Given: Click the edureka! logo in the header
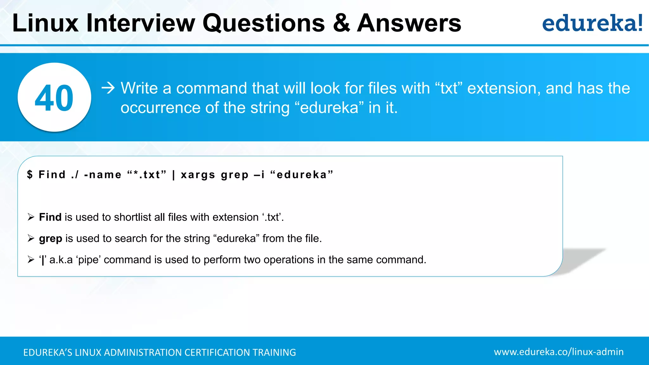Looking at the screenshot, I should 592,23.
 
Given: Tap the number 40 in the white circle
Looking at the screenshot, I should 54,98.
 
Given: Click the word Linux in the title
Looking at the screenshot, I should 45,23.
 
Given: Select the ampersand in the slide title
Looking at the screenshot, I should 342,23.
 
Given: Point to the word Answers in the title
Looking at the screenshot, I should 409,23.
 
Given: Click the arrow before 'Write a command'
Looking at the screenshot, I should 108,88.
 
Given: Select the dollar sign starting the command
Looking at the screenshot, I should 30,175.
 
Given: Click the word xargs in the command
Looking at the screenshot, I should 198,175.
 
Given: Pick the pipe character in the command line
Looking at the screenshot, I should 174,175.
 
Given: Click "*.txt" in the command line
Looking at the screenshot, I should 147,175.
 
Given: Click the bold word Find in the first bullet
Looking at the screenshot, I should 50,217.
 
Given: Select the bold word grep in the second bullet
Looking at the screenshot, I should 50,239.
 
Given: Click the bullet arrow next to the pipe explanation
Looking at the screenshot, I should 31,260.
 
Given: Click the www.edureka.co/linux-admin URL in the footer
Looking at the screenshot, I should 558,352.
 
